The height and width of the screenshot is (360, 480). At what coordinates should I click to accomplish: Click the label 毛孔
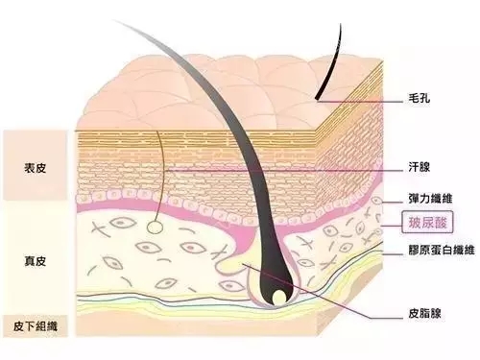(419, 98)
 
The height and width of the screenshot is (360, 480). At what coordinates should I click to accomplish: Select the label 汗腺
(419, 167)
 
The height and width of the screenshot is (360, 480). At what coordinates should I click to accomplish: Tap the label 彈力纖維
(430, 199)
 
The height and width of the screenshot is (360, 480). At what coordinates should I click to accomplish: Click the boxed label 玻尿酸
(427, 222)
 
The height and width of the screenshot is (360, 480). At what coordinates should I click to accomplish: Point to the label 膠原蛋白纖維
(442, 250)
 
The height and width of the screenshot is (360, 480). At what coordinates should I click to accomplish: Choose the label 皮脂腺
(424, 313)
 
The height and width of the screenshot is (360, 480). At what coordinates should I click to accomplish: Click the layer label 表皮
(35, 168)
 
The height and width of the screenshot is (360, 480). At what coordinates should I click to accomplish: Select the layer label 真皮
(35, 261)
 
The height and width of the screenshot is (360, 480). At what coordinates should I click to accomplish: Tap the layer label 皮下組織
(36, 326)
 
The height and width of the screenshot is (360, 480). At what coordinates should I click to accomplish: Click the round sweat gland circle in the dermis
(155, 228)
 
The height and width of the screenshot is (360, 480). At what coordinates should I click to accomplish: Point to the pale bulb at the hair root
(279, 298)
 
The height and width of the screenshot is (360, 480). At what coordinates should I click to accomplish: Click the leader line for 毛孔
(360, 102)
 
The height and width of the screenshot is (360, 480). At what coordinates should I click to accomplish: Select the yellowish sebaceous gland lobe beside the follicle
(235, 263)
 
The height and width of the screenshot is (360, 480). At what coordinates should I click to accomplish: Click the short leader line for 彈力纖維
(393, 203)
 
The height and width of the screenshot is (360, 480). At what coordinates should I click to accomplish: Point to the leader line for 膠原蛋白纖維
(393, 254)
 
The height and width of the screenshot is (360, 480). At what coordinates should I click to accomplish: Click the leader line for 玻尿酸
(392, 226)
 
